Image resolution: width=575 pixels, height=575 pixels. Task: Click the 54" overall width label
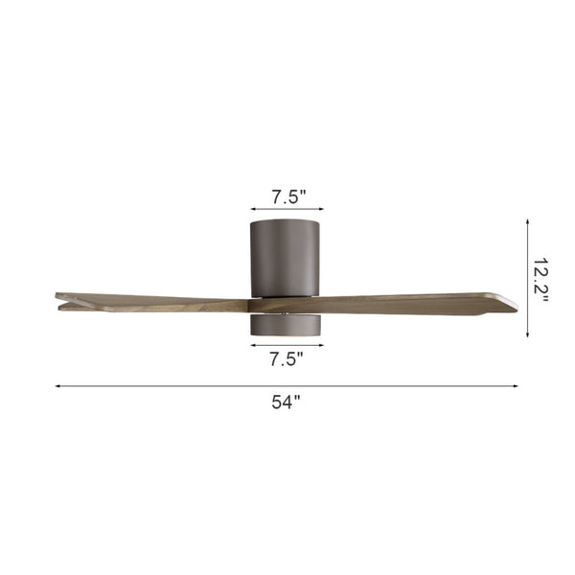point(286,402)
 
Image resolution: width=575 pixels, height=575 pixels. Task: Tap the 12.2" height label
point(540,279)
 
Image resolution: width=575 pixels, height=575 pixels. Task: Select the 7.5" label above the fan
point(288,196)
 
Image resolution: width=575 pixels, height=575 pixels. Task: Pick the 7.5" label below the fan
point(287,358)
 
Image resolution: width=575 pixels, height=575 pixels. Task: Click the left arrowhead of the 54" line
point(57,386)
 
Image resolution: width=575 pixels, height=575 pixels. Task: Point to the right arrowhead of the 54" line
point(516,386)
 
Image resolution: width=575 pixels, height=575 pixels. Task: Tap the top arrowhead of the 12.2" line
point(527,222)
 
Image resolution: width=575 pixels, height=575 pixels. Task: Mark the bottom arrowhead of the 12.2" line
point(527,334)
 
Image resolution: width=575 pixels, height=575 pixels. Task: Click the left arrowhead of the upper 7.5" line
point(253,209)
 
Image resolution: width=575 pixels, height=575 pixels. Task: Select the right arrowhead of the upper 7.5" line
point(321,209)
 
